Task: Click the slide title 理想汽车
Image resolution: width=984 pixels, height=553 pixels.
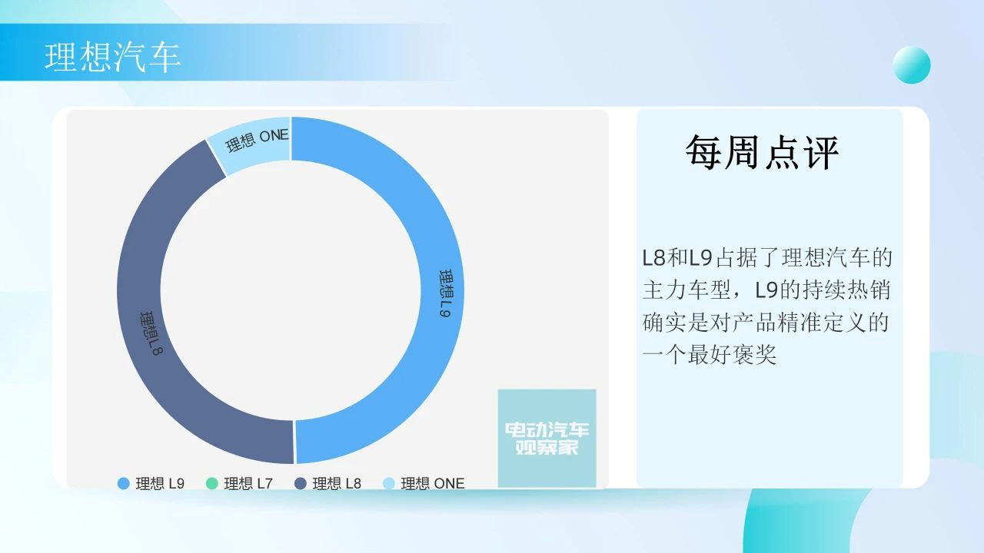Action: (x=112, y=57)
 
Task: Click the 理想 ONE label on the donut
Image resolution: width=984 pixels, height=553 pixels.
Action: (x=258, y=140)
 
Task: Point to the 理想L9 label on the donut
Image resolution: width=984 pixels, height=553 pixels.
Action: (x=447, y=293)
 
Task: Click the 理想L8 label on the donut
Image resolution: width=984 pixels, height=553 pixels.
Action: (x=151, y=333)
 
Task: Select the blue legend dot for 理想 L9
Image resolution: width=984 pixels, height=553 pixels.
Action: (x=124, y=484)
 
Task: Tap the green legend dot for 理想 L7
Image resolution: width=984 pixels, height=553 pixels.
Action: (x=212, y=484)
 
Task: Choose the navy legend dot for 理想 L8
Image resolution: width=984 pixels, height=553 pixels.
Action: (x=301, y=484)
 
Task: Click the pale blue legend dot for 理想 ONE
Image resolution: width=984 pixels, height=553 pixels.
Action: (x=389, y=484)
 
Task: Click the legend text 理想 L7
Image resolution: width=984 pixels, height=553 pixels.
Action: (x=248, y=484)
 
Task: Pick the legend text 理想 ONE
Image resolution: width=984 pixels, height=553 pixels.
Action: (x=433, y=484)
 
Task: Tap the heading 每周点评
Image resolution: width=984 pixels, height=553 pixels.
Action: (x=762, y=152)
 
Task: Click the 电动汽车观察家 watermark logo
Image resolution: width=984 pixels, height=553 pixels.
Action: (x=547, y=438)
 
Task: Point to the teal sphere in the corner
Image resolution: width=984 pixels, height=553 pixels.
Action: (x=912, y=65)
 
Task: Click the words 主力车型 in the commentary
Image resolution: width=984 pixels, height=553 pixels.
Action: (x=686, y=290)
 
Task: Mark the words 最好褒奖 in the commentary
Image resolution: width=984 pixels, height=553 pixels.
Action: (x=733, y=355)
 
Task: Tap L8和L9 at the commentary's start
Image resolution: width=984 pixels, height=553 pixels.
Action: (x=677, y=257)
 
